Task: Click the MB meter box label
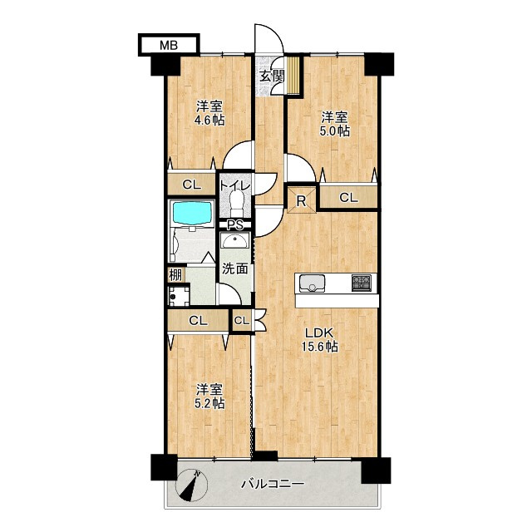point(169,45)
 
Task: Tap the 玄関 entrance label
point(272,76)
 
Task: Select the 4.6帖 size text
point(209,120)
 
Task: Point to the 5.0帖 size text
point(334,131)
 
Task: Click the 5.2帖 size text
point(209,403)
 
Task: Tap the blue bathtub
point(192,213)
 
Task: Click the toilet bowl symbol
point(236,203)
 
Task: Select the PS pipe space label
point(234,225)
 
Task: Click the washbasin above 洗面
point(235,242)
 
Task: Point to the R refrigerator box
point(301,201)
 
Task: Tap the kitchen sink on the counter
point(312,283)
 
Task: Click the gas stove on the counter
point(362,283)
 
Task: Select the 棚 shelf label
point(175,275)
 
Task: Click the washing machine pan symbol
point(179,296)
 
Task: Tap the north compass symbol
point(191,485)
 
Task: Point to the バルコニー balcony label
point(273,484)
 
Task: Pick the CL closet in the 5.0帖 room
point(349,197)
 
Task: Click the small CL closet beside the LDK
point(242,320)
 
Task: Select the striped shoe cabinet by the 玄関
point(293,75)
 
